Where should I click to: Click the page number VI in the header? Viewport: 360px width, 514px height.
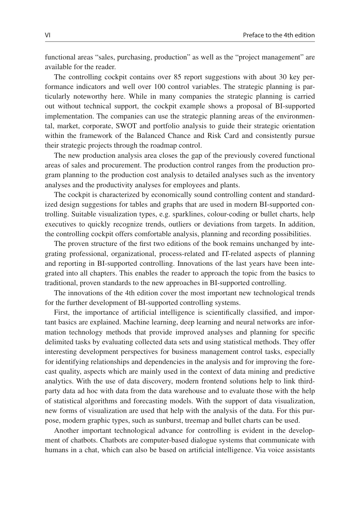[47, 35]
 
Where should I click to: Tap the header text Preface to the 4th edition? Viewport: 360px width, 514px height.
[279, 35]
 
